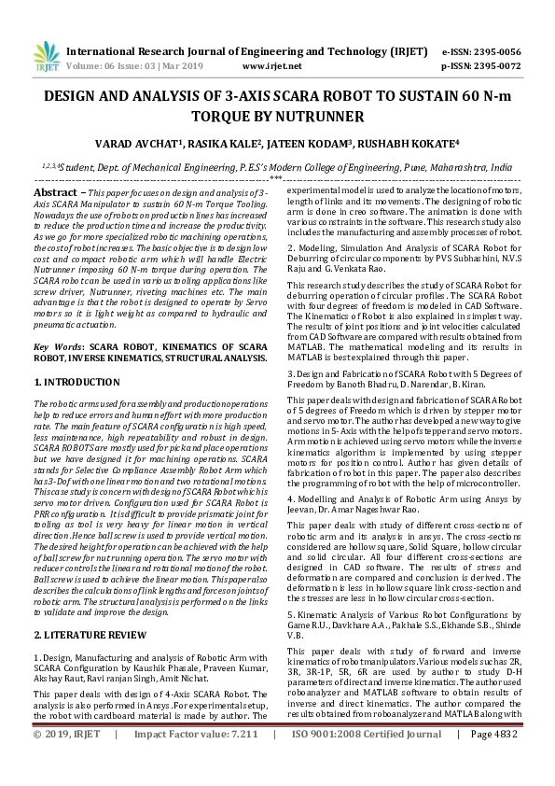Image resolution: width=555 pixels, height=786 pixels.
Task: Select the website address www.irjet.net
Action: pos(271,66)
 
